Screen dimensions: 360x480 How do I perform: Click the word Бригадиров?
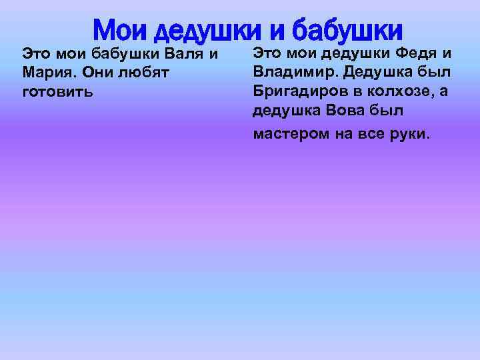coord(297,91)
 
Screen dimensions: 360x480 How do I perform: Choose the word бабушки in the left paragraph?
coord(123,53)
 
